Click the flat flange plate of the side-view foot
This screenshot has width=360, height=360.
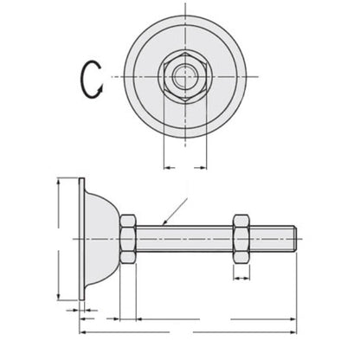pyautogui.click(x=80, y=233)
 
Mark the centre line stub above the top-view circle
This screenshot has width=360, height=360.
pyautogui.click(x=184, y=10)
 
